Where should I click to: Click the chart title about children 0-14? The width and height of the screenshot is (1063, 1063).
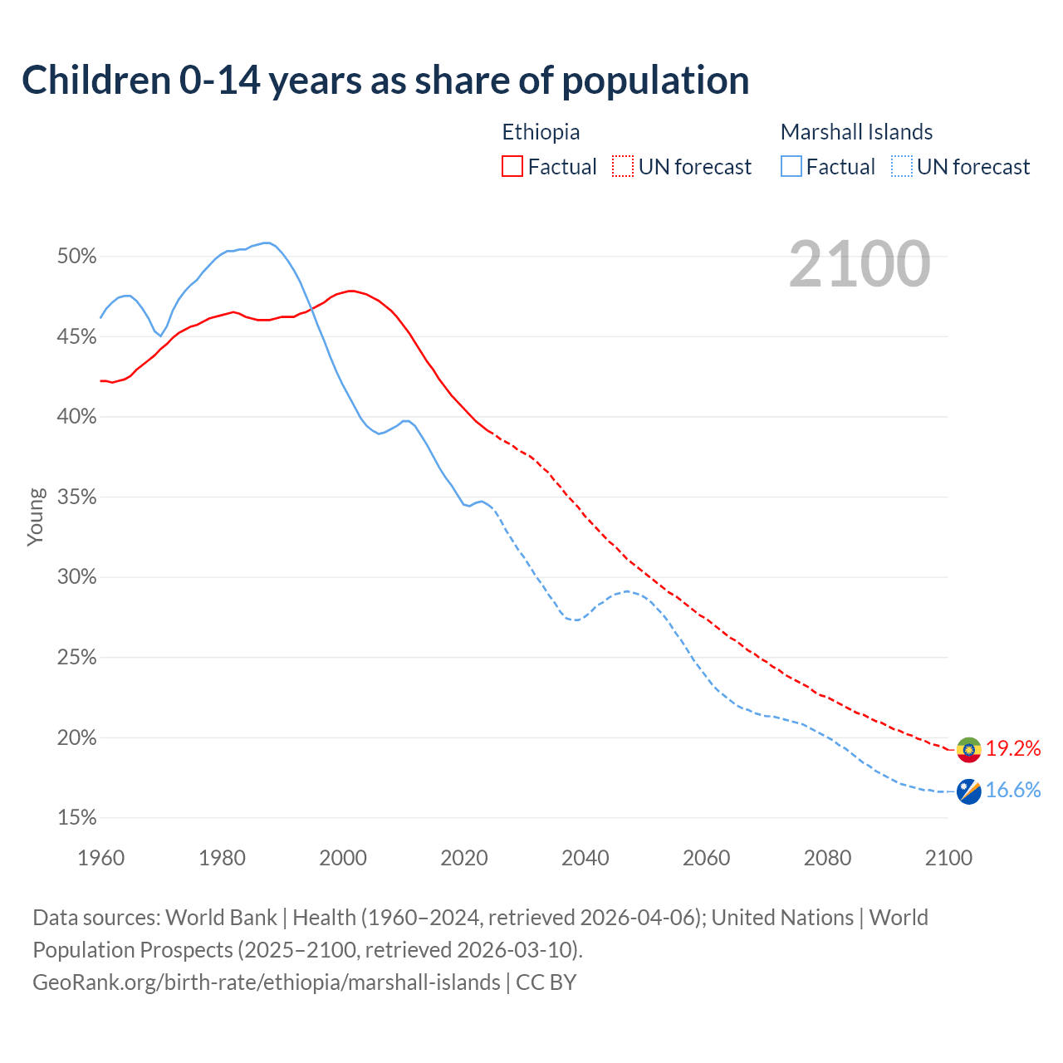click(385, 81)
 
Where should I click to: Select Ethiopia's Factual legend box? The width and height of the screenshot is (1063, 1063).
click(512, 167)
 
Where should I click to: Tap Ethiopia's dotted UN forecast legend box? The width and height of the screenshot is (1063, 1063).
click(623, 167)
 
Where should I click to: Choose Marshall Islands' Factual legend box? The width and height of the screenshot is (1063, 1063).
click(791, 167)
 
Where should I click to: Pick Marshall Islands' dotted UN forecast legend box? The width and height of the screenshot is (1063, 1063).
click(902, 167)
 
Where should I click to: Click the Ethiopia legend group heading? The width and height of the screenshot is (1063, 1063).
click(541, 132)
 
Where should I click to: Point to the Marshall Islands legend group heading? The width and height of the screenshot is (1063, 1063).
click(856, 132)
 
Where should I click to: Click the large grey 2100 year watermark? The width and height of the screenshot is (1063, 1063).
click(860, 264)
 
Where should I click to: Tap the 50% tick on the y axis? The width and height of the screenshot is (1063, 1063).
click(77, 257)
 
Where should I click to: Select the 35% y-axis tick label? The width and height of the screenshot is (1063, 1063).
click(77, 497)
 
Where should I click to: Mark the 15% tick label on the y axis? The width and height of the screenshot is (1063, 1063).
click(77, 818)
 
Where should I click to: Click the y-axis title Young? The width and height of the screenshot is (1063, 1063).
click(36, 517)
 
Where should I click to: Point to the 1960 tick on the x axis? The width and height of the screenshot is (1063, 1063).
click(100, 858)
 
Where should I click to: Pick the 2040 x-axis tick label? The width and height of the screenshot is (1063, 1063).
click(585, 858)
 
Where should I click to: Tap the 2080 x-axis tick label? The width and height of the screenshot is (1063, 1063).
click(827, 858)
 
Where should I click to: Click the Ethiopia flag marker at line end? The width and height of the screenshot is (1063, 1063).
click(969, 750)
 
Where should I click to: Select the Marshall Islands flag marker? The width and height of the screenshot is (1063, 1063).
click(969, 791)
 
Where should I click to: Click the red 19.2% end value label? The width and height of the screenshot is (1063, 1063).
click(1013, 749)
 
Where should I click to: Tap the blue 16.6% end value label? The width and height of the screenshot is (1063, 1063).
click(1013, 791)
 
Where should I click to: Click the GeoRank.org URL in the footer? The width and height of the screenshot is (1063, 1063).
click(266, 982)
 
